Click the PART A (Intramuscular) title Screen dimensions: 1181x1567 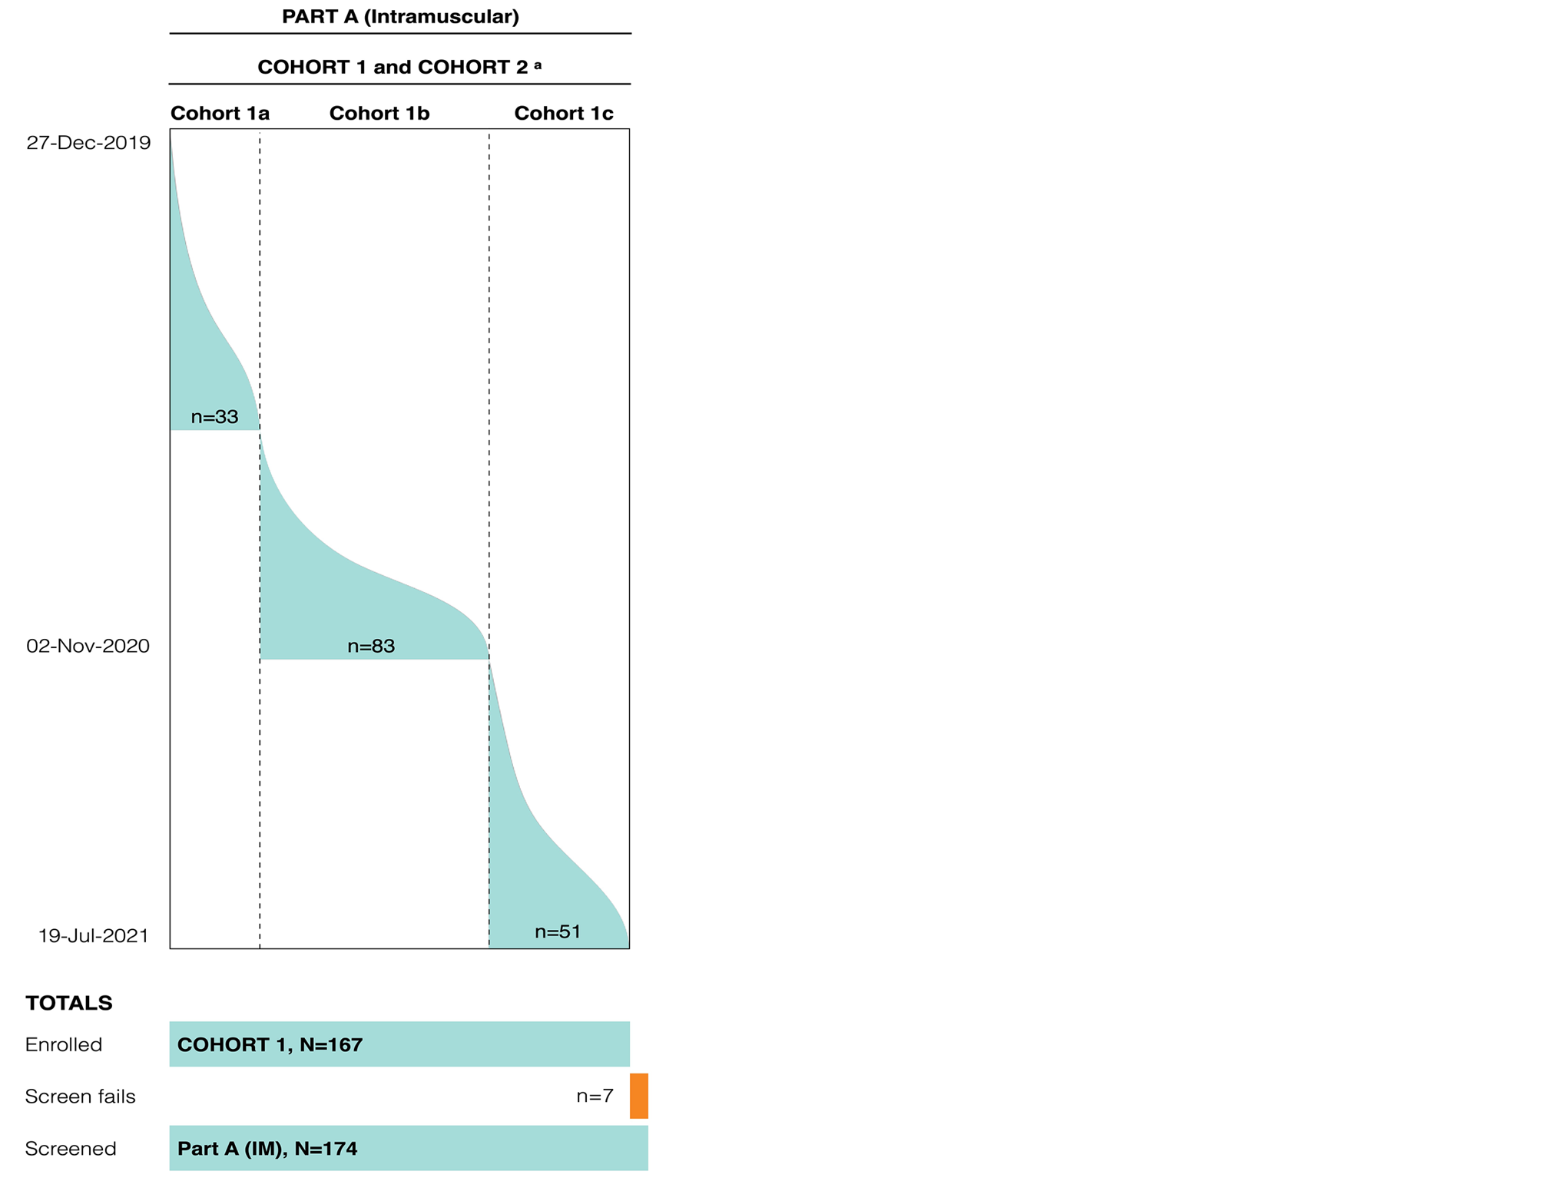(x=400, y=16)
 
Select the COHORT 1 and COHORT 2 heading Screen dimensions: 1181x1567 (x=393, y=67)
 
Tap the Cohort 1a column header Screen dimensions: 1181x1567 (x=220, y=114)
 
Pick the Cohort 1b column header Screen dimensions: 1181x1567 (x=379, y=114)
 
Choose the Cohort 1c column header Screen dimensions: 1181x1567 (x=563, y=114)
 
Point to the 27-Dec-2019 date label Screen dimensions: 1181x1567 (x=88, y=143)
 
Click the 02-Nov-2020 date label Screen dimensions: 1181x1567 (x=88, y=646)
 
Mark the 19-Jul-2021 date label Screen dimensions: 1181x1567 (x=93, y=935)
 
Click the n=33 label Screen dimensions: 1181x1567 (x=214, y=417)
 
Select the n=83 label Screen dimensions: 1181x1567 (x=371, y=647)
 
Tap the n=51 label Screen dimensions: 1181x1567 (x=558, y=931)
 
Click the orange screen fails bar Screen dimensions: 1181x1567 (x=639, y=1096)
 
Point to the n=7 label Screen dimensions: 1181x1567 (x=595, y=1097)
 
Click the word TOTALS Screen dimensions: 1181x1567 (x=68, y=1003)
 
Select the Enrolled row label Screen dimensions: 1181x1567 (x=63, y=1044)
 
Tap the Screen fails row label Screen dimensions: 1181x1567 (x=80, y=1097)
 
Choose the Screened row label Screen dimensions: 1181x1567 (x=71, y=1149)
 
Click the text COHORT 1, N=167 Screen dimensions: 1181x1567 (x=270, y=1044)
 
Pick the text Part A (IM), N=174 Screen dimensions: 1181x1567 (x=267, y=1149)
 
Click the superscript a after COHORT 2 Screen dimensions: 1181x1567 (x=538, y=65)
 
